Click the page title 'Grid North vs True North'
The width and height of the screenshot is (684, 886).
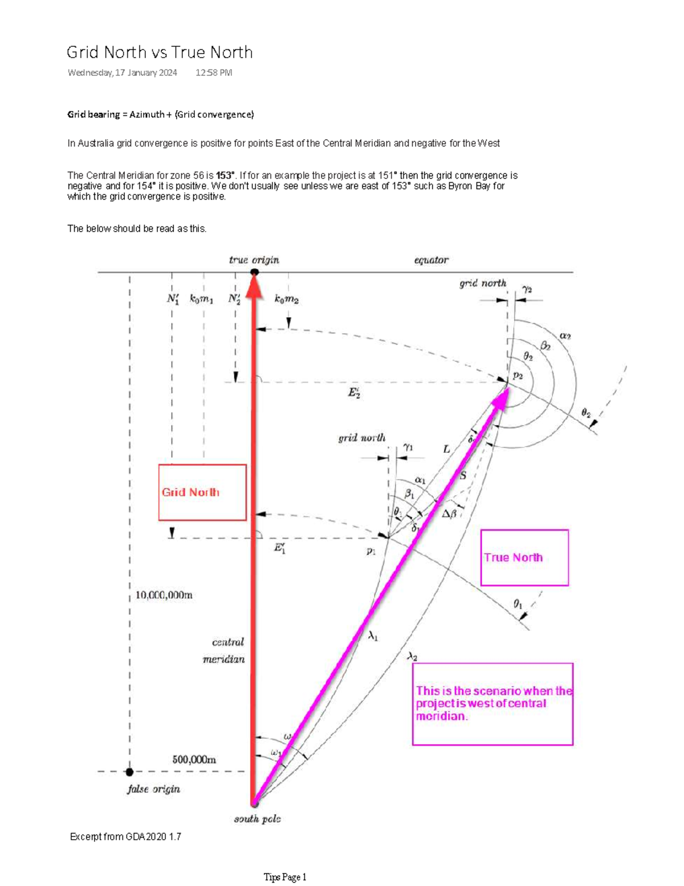pyautogui.click(x=160, y=52)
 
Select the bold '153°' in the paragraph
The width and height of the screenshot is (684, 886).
pyautogui.click(x=225, y=176)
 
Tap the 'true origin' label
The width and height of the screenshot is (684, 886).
pyautogui.click(x=254, y=260)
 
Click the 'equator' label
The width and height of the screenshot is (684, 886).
pyautogui.click(x=431, y=260)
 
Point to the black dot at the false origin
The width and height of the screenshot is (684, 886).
pyautogui.click(x=129, y=772)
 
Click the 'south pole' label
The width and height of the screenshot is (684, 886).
pyautogui.click(x=257, y=819)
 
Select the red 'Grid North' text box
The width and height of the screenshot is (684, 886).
pyautogui.click(x=202, y=492)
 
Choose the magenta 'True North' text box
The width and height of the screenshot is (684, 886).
pyautogui.click(x=524, y=557)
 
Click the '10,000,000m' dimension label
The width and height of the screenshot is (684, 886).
pyautogui.click(x=164, y=595)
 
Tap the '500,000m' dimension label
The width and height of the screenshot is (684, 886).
pyautogui.click(x=194, y=759)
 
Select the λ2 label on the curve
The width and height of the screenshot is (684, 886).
pyautogui.click(x=412, y=657)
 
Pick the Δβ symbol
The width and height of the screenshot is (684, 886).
pyautogui.click(x=449, y=513)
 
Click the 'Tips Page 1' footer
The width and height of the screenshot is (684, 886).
pyautogui.click(x=285, y=877)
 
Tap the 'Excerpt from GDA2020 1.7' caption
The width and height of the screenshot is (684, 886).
pyautogui.click(x=125, y=837)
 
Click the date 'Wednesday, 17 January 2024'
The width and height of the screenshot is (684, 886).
pyautogui.click(x=122, y=72)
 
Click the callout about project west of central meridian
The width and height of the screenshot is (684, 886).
pyautogui.click(x=492, y=703)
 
